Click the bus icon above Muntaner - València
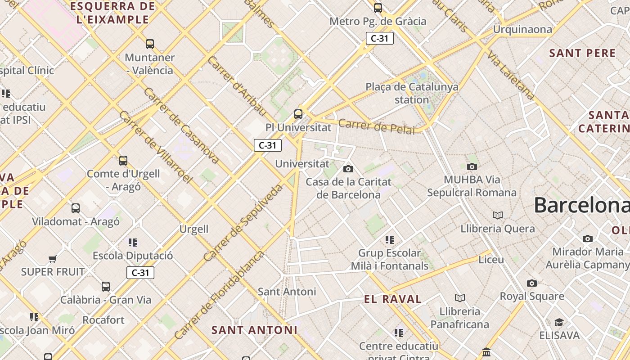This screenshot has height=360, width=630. (x=150, y=44)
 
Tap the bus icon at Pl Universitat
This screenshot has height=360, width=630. (x=298, y=114)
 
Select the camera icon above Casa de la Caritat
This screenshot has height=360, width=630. (x=348, y=169)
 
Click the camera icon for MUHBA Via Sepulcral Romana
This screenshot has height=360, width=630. (x=472, y=166)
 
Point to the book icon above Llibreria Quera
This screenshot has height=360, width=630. (x=498, y=215)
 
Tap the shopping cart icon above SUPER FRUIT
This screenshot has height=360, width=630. (x=53, y=259)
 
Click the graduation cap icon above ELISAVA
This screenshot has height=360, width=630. (x=559, y=322)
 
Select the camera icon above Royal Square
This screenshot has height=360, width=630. (x=532, y=283)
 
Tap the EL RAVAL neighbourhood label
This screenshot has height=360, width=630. (x=393, y=299)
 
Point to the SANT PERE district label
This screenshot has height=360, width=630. (x=582, y=53)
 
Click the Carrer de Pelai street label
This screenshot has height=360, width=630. (x=376, y=126)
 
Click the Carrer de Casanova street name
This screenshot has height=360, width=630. (x=181, y=125)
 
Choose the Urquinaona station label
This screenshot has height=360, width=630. (x=522, y=30)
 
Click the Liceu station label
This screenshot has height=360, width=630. (x=491, y=260)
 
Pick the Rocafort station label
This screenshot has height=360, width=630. (x=103, y=320)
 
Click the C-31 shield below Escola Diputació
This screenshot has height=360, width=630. (x=140, y=273)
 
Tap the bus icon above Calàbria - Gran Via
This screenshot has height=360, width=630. (x=106, y=287)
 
